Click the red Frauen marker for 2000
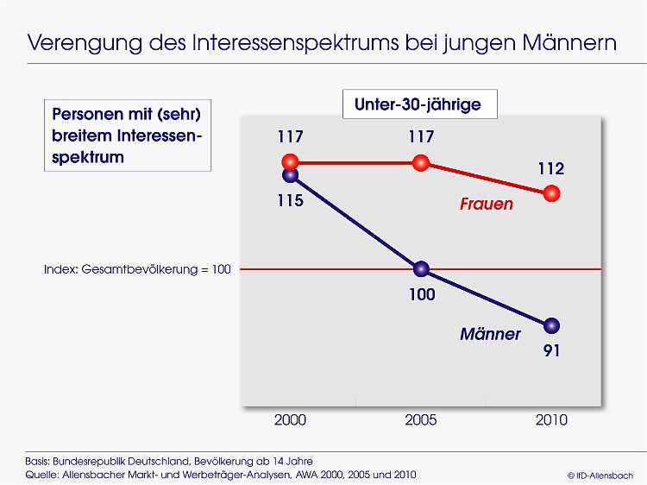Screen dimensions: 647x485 point(290,162)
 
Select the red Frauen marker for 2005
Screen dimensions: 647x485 point(421,163)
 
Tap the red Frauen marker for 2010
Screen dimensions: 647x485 point(552,193)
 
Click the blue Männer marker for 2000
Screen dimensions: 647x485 point(290,175)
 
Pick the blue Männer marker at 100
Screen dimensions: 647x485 point(421,269)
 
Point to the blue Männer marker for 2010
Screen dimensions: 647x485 point(552,325)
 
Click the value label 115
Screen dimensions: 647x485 point(290,200)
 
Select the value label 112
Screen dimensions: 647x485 point(551,169)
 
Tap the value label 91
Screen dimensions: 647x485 point(552,351)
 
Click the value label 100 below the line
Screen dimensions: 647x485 point(422,295)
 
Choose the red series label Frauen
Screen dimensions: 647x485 point(487,204)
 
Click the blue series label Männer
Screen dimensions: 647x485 point(490,334)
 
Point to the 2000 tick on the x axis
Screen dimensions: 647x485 point(290,420)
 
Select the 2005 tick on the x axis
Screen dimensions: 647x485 point(421,420)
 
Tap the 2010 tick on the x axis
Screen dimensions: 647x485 point(552,420)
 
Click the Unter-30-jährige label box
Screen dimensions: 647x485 point(419,104)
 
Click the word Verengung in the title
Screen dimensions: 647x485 point(85,43)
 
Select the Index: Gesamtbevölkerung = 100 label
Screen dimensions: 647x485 point(137,269)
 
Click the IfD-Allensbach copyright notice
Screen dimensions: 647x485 point(600,476)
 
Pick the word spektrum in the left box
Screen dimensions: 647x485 point(88,158)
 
